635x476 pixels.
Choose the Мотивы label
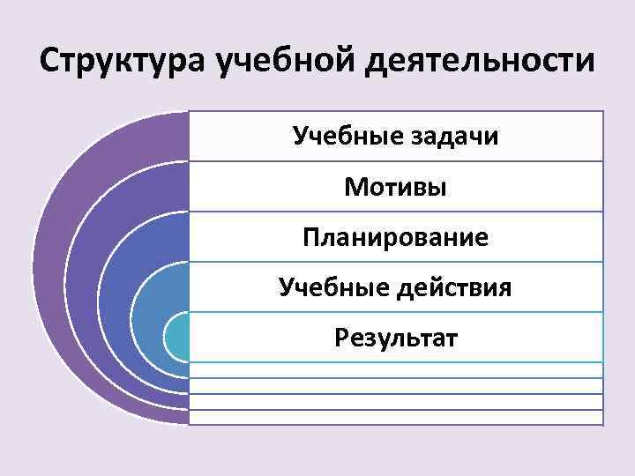(395, 187)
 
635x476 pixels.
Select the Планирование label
(395, 237)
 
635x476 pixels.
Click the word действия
(453, 287)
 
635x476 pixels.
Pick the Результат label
(395, 338)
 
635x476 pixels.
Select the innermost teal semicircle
(176, 337)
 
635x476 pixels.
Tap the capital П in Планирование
(310, 237)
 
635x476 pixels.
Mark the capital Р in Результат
(340, 338)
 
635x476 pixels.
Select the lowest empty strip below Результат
(395, 418)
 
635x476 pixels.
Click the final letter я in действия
(505, 288)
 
